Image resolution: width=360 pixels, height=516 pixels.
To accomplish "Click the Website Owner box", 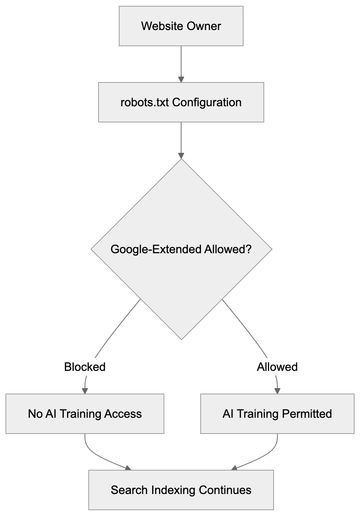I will coord(181,26).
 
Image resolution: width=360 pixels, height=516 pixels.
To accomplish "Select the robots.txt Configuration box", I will coord(181,102).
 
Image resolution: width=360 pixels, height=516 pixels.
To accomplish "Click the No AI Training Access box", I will coord(85,414).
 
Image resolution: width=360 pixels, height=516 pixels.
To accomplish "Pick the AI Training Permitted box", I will coord(277,414).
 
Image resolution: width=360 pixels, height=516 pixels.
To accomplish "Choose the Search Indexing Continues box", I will coord(181,490).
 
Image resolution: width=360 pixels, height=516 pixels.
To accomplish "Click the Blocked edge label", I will coord(85,367).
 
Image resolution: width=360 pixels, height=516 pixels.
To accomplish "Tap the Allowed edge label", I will coord(277,367).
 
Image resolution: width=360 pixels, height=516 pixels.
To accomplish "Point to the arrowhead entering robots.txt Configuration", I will coord(181,79).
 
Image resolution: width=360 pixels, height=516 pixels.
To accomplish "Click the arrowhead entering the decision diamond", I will coord(181,155).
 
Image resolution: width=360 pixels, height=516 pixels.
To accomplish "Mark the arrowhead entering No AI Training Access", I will coord(85,391).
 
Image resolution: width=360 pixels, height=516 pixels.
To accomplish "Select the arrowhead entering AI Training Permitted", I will coord(277,391).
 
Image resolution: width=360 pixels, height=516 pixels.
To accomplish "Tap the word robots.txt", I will coord(144,102).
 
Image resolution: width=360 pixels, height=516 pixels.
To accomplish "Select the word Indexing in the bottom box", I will coord(173,490).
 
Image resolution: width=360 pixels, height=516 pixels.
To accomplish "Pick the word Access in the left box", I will coord(123,414).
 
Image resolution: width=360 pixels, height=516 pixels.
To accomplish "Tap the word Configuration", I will coord(207,102).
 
